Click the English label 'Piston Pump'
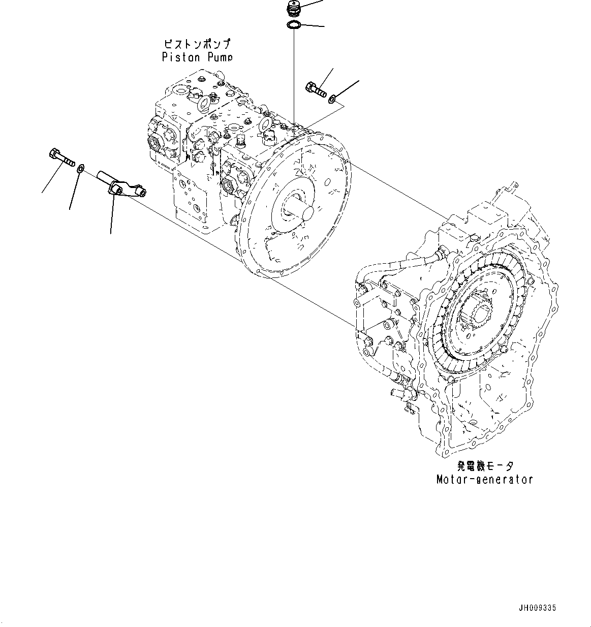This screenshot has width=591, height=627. pos(197,57)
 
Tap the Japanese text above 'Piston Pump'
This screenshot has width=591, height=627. pos(197,44)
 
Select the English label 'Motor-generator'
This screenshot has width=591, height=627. pos(484,479)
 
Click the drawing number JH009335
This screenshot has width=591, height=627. pos(537,608)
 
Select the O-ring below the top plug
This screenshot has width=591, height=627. pos(294,25)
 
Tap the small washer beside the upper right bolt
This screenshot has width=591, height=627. pos(331,98)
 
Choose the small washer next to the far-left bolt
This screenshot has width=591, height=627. pos(80,169)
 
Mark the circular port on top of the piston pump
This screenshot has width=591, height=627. pos(202,104)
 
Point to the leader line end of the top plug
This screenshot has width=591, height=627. pos(321,1)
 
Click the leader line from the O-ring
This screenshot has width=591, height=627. pos(313,26)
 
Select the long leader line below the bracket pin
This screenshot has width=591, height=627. pos(111,218)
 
